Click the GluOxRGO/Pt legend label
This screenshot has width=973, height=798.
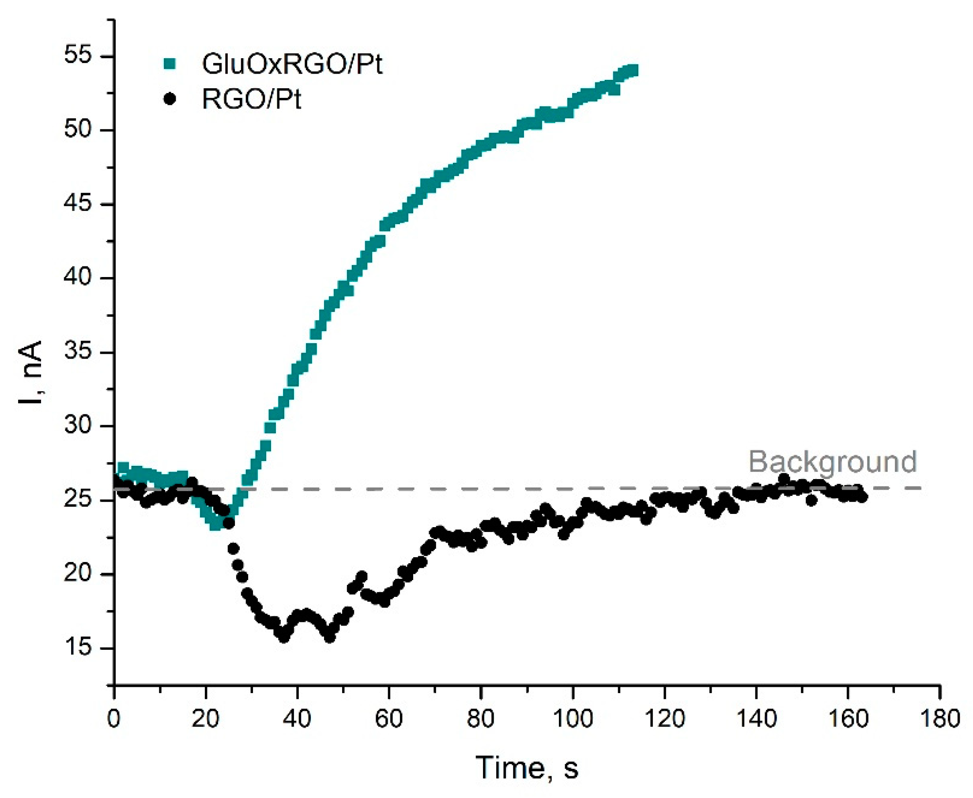(x=292, y=64)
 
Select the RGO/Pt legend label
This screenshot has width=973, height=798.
(x=251, y=99)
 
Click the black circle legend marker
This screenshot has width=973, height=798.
(x=170, y=99)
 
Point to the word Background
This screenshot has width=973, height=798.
(x=832, y=462)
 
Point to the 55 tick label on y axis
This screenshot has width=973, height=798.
(x=78, y=56)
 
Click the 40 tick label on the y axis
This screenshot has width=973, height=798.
(x=78, y=278)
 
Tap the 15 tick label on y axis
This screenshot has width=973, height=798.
(x=78, y=648)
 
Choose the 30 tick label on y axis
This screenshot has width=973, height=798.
(x=78, y=426)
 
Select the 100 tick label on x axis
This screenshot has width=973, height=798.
(x=572, y=719)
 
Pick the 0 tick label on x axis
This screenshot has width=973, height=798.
(x=113, y=719)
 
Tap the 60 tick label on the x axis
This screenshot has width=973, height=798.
(x=389, y=719)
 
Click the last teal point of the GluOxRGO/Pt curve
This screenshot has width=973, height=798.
(x=634, y=70)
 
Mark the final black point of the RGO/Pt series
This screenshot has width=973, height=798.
(x=863, y=497)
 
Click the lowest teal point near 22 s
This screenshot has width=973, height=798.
(x=215, y=525)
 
